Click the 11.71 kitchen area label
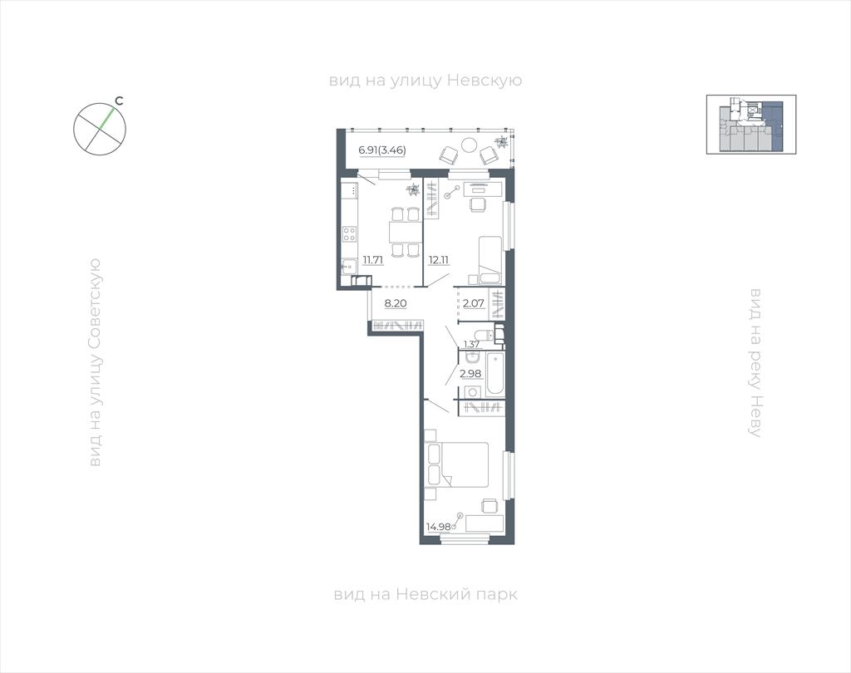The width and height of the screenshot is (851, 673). click(x=373, y=260)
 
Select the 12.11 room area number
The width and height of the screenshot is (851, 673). click(x=439, y=260)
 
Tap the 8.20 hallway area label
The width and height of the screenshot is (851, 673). click(x=396, y=303)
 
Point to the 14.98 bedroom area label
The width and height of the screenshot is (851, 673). click(x=439, y=526)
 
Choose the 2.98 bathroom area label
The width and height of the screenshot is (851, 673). click(x=470, y=373)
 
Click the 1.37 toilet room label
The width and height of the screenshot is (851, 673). click(x=472, y=343)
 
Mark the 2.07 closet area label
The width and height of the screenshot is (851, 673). click(x=473, y=303)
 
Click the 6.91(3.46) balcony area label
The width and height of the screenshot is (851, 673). click(x=382, y=150)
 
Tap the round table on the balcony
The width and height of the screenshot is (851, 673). click(x=469, y=145)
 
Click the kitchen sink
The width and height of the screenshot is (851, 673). click(x=348, y=267)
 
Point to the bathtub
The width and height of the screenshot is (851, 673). click(x=495, y=374)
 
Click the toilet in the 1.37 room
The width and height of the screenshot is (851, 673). click(x=481, y=334)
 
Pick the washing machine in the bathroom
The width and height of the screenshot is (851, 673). click(x=473, y=392)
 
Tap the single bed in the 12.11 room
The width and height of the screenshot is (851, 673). click(x=490, y=260)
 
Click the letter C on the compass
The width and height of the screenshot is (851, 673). click(x=120, y=101)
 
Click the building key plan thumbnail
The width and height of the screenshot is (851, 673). click(x=751, y=125)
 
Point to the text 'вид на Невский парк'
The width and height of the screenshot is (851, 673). click(x=425, y=594)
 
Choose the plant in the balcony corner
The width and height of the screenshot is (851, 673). click(x=501, y=142)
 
